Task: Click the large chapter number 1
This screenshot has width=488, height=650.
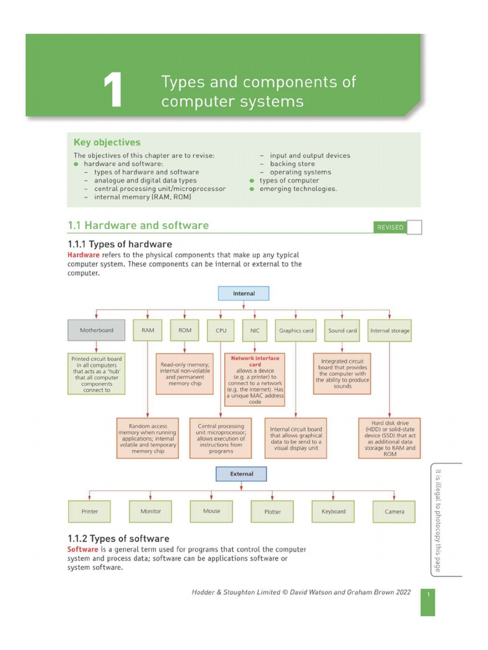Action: [x=112, y=91]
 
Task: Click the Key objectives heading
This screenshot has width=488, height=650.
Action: [x=107, y=142]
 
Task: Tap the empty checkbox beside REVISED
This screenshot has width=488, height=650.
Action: [x=414, y=227]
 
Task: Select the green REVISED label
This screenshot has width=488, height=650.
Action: [x=390, y=227]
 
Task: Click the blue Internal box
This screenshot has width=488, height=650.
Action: [x=244, y=294]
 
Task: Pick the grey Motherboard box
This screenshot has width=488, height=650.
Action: [x=97, y=331]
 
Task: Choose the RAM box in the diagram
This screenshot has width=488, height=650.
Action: [x=147, y=331]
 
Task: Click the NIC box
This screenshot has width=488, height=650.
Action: [x=255, y=331]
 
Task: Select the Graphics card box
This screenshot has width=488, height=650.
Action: [x=296, y=331]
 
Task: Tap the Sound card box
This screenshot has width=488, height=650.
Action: [x=342, y=331]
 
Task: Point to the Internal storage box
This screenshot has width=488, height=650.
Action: [x=390, y=331]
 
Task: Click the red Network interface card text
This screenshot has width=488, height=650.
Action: [x=255, y=361]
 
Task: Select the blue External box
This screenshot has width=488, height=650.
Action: [x=241, y=474]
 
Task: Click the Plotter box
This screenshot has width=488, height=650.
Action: [x=273, y=512]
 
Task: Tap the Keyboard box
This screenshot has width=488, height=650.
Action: [x=334, y=512]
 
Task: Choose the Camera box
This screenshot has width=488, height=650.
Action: [x=394, y=512]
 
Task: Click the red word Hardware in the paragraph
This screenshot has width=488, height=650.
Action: [x=83, y=255]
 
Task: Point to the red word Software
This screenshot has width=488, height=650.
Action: [x=83, y=549]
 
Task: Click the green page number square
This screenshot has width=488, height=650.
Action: [x=428, y=602]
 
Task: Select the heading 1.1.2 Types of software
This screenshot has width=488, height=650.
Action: [x=118, y=539]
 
